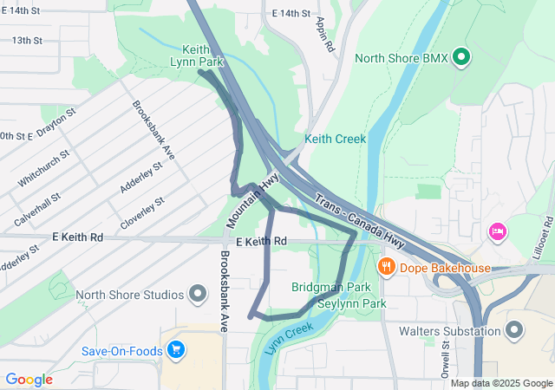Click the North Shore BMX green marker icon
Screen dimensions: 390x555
(461, 59)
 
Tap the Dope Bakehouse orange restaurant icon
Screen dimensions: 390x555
(387, 268)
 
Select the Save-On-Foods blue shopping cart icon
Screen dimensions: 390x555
(177, 350)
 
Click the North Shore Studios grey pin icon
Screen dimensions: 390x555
(198, 294)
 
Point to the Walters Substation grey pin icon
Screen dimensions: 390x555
(514, 330)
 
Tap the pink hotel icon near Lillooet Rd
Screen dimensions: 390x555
(497, 231)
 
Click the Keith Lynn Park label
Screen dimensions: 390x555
(203, 55)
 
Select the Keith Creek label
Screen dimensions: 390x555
(335, 139)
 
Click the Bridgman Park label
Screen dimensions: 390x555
(330, 287)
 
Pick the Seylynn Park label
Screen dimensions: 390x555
(351, 304)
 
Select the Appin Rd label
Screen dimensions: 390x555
(324, 35)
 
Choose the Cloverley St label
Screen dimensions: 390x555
(142, 212)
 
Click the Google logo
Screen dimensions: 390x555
(29, 380)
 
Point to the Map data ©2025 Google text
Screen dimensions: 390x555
(501, 383)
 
